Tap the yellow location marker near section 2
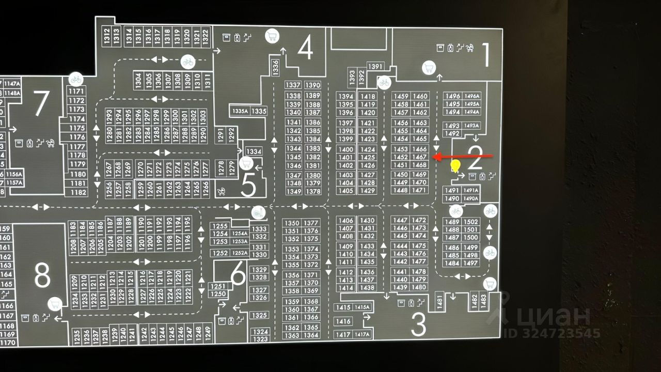pos(455,166)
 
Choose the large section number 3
pos(418,324)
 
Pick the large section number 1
pos(485,55)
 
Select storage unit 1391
pos(375,66)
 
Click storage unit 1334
pos(254,151)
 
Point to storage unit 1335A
pos(241,111)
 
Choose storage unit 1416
pos(343,321)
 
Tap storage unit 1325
pos(260,315)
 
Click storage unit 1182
pos(78,192)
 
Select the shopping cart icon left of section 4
pos(272,36)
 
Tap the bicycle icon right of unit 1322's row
pos(187,61)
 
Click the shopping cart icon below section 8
pos(55,304)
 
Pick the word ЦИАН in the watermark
pos(555,315)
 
